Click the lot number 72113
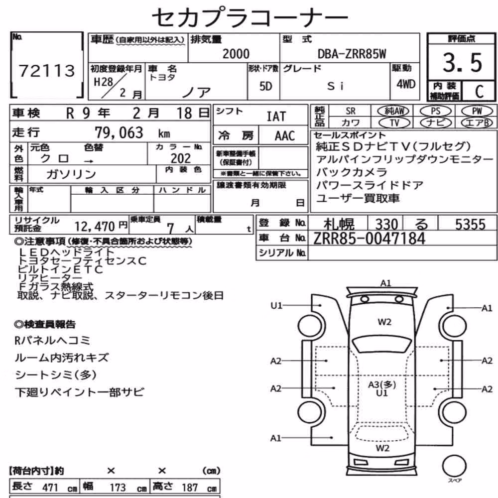[x=47, y=70]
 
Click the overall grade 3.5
[x=463, y=62]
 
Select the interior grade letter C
[x=479, y=92]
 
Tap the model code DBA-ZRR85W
[x=352, y=54]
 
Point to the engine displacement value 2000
[x=236, y=54]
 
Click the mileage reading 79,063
[x=119, y=132]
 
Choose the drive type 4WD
[x=405, y=84]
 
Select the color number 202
[x=181, y=158]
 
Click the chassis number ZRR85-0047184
[x=369, y=239]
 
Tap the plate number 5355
[x=471, y=224]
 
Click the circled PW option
[x=477, y=111]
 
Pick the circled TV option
[x=394, y=123]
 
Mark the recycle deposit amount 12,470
[x=94, y=227]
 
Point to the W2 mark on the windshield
[x=384, y=322]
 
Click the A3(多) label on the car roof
[x=382, y=384]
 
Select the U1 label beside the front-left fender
[x=276, y=306]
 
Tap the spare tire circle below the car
[x=455, y=466]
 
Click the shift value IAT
[x=276, y=117]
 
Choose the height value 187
[x=189, y=488]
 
